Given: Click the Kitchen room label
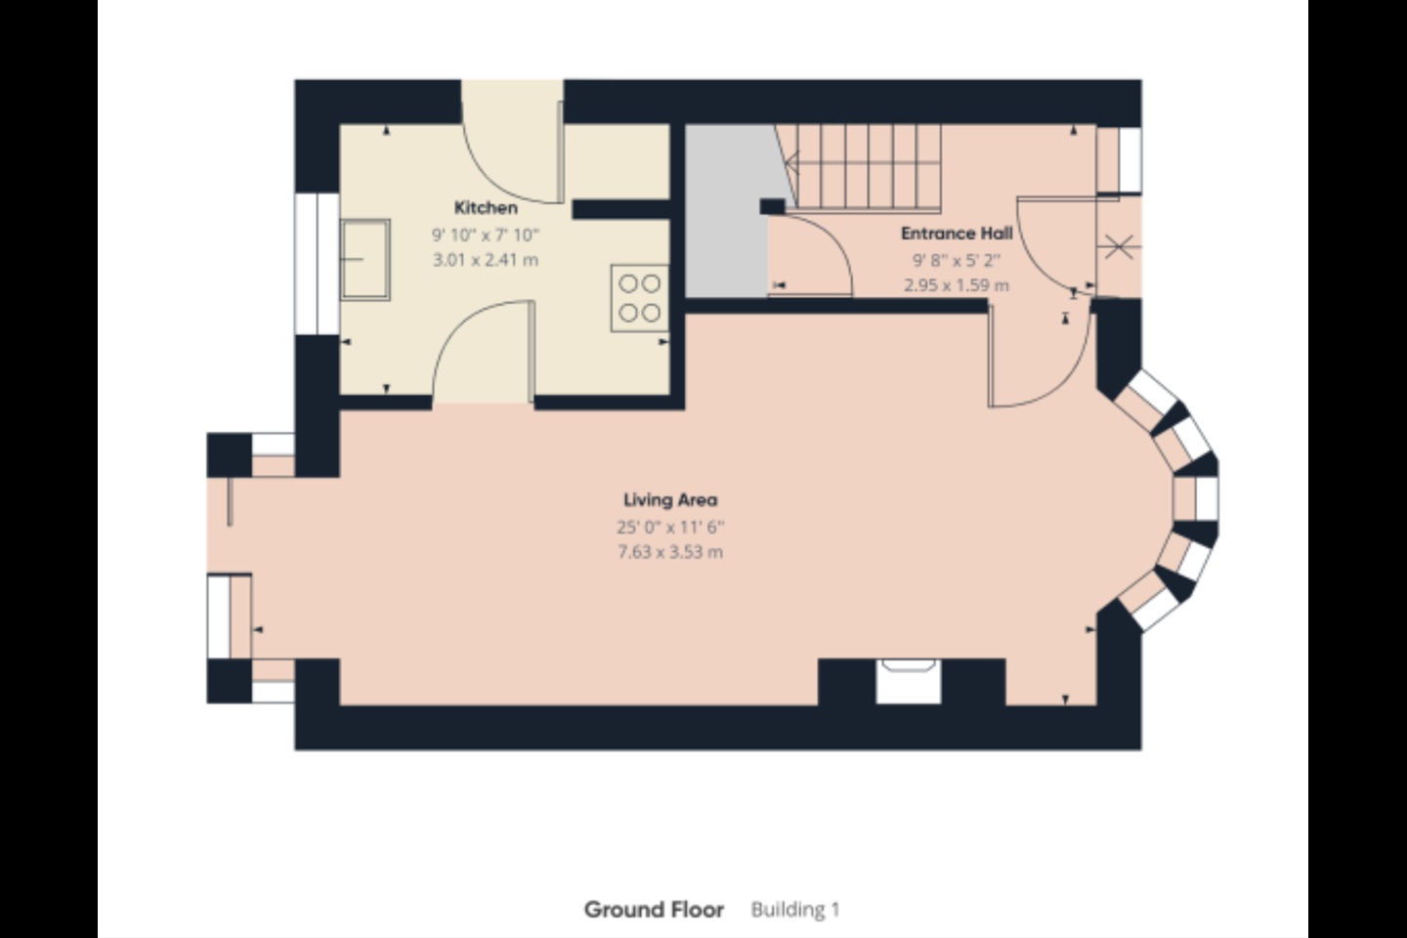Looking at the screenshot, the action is pos(486,207).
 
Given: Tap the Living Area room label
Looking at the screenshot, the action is pos(670,500).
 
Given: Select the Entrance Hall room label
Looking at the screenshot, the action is pos(957,234).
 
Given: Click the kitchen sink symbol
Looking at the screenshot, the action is pos(365,260).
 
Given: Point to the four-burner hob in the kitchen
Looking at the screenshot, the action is pos(639,298).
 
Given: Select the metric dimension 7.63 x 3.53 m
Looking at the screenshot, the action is pos(670,552).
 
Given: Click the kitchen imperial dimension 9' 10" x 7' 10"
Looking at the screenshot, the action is pos(486,234).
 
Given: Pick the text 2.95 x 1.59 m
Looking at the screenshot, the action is pos(957,286).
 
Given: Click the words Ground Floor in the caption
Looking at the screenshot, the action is pos(654,910).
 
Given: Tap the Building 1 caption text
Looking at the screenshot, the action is pos(795,910).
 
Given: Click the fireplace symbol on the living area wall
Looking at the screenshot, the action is pos(909,681).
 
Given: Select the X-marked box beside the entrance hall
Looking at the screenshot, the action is pos(1119,247).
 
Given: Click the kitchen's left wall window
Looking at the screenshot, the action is pos(318,263).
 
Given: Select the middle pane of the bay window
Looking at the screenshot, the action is pos(1196,499).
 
